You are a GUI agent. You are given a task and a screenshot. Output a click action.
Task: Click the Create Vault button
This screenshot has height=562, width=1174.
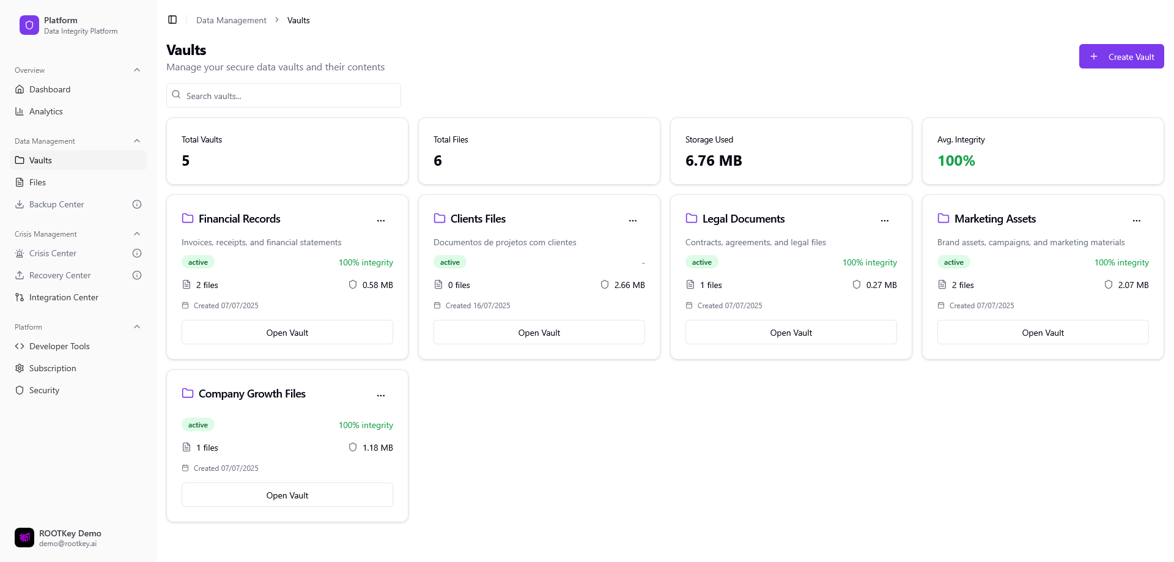coord(1121,57)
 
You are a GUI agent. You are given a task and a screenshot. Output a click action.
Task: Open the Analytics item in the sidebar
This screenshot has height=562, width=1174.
coord(46,111)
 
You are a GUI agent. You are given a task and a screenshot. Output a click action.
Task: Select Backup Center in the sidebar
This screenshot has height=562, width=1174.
coord(56,204)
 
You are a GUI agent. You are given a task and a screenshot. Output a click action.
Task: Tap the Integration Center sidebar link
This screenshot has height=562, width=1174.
coord(64,297)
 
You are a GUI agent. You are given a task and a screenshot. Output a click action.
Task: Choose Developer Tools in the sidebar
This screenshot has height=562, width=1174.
coord(59,346)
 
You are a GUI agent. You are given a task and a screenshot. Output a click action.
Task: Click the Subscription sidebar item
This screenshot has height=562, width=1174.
coord(53,368)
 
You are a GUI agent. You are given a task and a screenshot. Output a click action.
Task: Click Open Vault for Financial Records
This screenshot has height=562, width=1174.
coord(287,333)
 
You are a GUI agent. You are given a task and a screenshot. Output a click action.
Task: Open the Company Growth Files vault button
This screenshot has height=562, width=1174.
coord(287,495)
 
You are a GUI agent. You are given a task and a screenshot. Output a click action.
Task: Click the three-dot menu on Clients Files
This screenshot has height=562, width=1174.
coord(633,220)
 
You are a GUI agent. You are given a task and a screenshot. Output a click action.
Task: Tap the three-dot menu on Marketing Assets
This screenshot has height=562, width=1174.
coord(1137,220)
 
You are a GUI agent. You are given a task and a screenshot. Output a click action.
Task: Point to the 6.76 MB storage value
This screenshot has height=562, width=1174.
coord(714,161)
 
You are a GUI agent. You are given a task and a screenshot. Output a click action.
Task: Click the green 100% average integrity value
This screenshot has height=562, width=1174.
coord(956,161)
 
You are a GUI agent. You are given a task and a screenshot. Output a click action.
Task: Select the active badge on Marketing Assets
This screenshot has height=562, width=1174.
coord(953,262)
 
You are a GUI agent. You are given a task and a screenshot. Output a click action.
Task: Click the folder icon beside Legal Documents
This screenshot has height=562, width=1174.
coord(692,218)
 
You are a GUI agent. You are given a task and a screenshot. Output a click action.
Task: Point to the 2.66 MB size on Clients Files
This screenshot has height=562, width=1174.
coord(629,285)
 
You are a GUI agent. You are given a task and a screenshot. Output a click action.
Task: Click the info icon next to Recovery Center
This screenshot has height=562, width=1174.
coord(137,275)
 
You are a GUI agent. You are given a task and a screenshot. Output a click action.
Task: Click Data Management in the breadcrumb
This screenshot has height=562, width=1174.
coord(231,20)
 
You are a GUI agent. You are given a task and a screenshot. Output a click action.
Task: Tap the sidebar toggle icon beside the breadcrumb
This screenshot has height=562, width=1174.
coord(172,20)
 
